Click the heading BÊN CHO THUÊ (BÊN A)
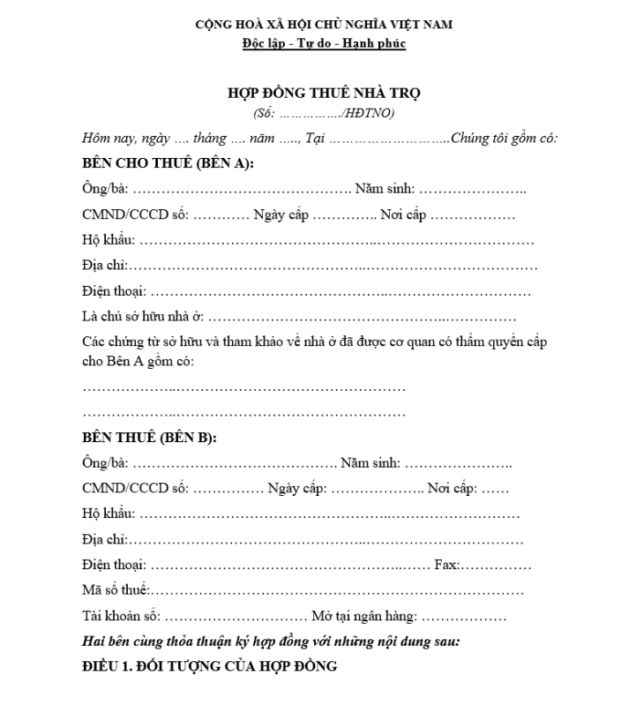click(x=168, y=163)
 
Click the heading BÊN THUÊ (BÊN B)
click(x=149, y=438)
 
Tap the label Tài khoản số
click(x=120, y=617)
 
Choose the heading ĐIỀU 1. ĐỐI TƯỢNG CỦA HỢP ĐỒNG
click(x=209, y=665)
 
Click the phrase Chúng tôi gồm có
click(x=504, y=138)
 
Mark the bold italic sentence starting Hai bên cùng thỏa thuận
click(x=271, y=642)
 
